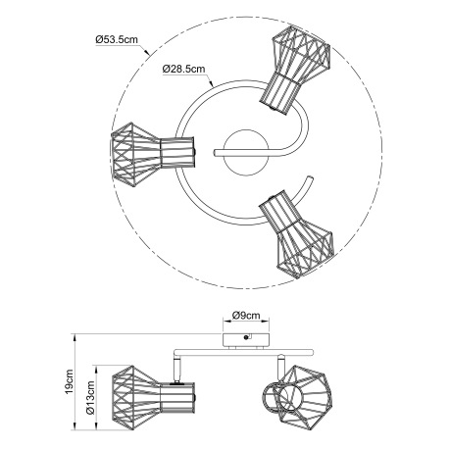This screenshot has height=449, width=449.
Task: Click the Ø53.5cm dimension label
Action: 115,39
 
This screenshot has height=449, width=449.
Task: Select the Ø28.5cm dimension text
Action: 183,70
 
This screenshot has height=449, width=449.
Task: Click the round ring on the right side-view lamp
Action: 270,402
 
